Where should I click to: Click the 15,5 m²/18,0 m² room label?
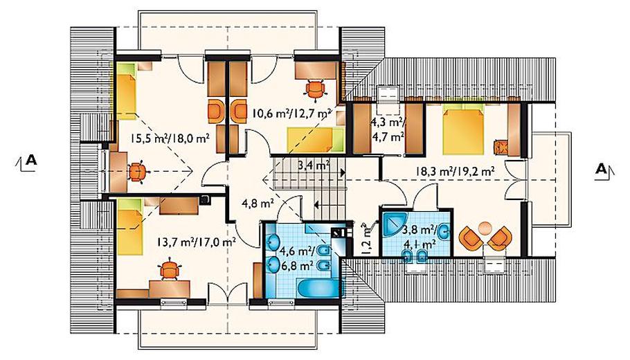[170, 138]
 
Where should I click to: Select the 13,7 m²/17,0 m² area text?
[196, 242]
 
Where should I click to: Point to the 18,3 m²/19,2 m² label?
[455, 172]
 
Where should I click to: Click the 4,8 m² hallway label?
[258, 204]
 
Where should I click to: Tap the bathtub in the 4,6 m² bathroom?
[319, 288]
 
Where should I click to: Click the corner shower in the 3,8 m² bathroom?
[394, 225]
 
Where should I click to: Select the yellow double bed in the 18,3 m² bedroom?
[463, 129]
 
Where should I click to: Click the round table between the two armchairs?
[485, 228]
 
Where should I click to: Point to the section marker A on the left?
[27, 162]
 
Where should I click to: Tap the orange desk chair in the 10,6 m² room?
[315, 89]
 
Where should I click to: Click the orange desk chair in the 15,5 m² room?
[138, 172]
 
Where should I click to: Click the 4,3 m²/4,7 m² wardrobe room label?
[388, 129]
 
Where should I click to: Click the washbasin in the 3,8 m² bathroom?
[444, 232]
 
